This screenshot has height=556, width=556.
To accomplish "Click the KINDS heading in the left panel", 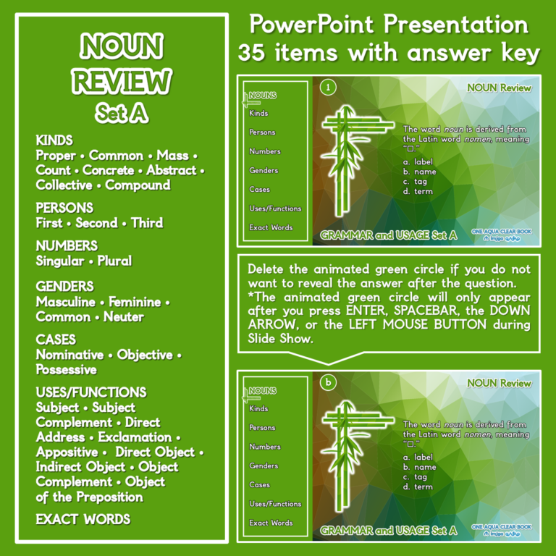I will pos(54,140).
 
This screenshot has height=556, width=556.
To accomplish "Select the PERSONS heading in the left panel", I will pos(65,208).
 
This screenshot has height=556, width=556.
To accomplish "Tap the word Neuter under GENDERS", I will pos(124,317).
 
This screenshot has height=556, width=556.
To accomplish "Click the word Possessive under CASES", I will pos(67,370).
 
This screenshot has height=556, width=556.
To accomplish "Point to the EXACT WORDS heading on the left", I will pos(83,519).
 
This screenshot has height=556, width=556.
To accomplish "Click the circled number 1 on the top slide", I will pos(328,88).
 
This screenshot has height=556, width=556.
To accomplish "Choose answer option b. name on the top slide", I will pos(420,172).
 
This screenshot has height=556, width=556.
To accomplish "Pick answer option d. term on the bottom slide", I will pos(419,486).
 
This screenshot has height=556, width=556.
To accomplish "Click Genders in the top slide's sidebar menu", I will pos(264,170).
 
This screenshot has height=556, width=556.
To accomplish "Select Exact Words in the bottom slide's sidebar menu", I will pos(271,523).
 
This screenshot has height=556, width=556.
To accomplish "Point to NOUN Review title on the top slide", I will pos(499,88).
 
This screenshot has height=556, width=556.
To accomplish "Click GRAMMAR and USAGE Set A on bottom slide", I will pos(389,531).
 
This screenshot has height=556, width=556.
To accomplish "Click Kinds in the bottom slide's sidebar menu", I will pos(258,408).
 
